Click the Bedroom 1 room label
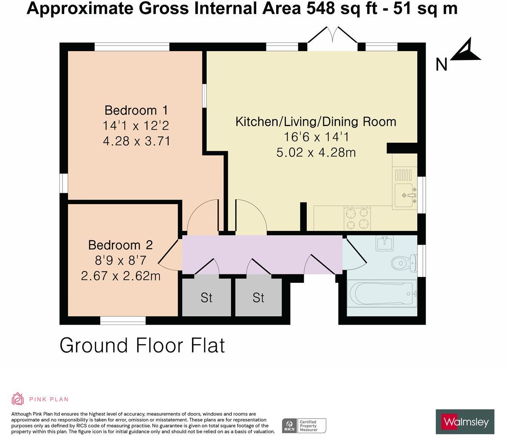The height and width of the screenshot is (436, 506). coord(136,110)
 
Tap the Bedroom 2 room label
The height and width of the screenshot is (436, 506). coord(120,245)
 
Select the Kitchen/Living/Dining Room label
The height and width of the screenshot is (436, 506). coord(316,122)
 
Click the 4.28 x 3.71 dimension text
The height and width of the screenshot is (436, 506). coord(136,141)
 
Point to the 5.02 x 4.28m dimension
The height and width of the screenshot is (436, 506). coord(316,152)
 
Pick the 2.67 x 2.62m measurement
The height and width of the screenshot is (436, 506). coord(121,276)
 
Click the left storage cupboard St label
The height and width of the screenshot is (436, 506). coord(206,298)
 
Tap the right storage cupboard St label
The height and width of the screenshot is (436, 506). coord(258,298)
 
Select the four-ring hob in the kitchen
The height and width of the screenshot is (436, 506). coord(357,218)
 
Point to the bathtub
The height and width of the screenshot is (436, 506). coord(382,294)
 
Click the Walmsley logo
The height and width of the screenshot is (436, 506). coord(465,422)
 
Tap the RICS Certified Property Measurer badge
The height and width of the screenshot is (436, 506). coord(304,425)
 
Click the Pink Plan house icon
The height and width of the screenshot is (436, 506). coord(17,399)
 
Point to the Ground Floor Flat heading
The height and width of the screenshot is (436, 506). coord(142,345)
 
